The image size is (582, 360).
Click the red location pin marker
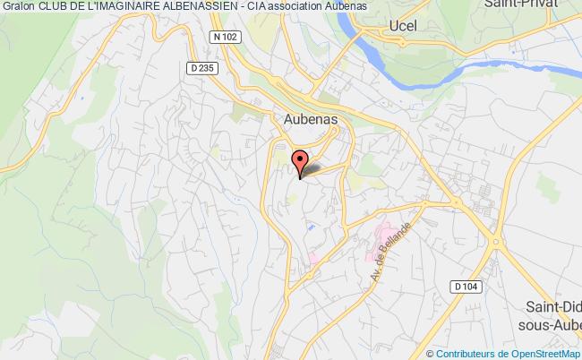[x=301, y=163]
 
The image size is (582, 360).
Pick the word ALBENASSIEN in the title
[x=201, y=7]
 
